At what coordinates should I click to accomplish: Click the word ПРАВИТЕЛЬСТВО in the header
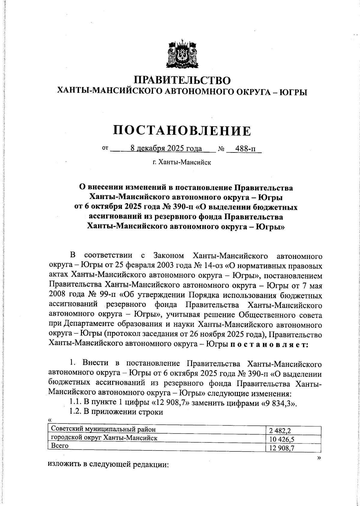(182, 80)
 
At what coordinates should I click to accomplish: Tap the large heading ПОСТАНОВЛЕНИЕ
(182, 131)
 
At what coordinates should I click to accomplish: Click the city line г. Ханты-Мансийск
(181, 163)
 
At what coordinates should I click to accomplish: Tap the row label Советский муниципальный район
(103, 429)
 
